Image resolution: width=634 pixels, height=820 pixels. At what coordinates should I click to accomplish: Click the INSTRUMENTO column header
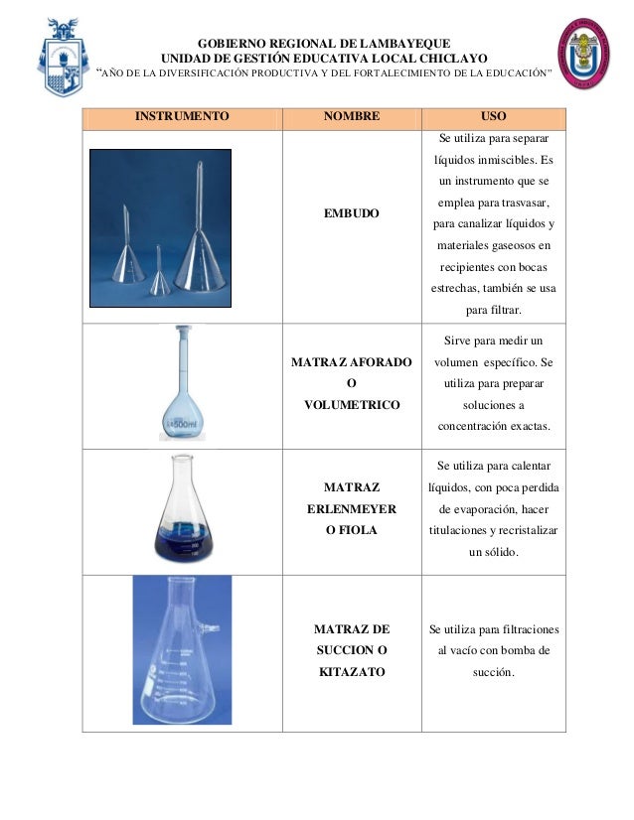(x=182, y=116)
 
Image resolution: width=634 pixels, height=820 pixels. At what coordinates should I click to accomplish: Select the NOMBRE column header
(x=352, y=116)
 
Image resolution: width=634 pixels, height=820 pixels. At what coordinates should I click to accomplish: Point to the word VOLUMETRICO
(x=352, y=405)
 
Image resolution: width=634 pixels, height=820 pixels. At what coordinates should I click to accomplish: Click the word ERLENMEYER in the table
(x=352, y=508)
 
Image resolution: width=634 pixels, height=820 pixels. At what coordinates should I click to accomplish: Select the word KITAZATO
(x=352, y=672)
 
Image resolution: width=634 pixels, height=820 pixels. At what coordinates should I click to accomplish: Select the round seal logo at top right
(x=585, y=57)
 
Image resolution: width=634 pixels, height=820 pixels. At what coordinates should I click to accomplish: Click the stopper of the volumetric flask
(x=185, y=333)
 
